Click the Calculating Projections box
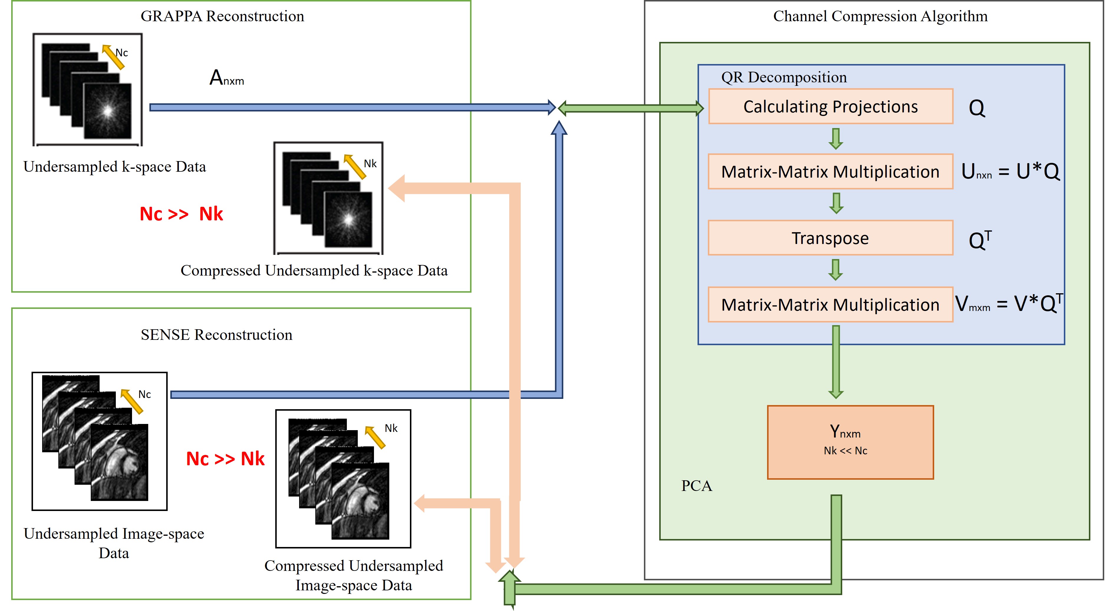830,107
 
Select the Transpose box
830,238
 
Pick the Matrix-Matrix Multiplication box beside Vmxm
830,305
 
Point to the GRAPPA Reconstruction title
222,17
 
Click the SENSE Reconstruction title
217,335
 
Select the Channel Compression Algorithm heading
880,17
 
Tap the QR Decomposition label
784,77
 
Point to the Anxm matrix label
226,78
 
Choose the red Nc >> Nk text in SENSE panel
225,458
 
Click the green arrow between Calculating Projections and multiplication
836,139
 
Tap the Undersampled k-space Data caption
114,167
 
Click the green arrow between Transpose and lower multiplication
836,270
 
